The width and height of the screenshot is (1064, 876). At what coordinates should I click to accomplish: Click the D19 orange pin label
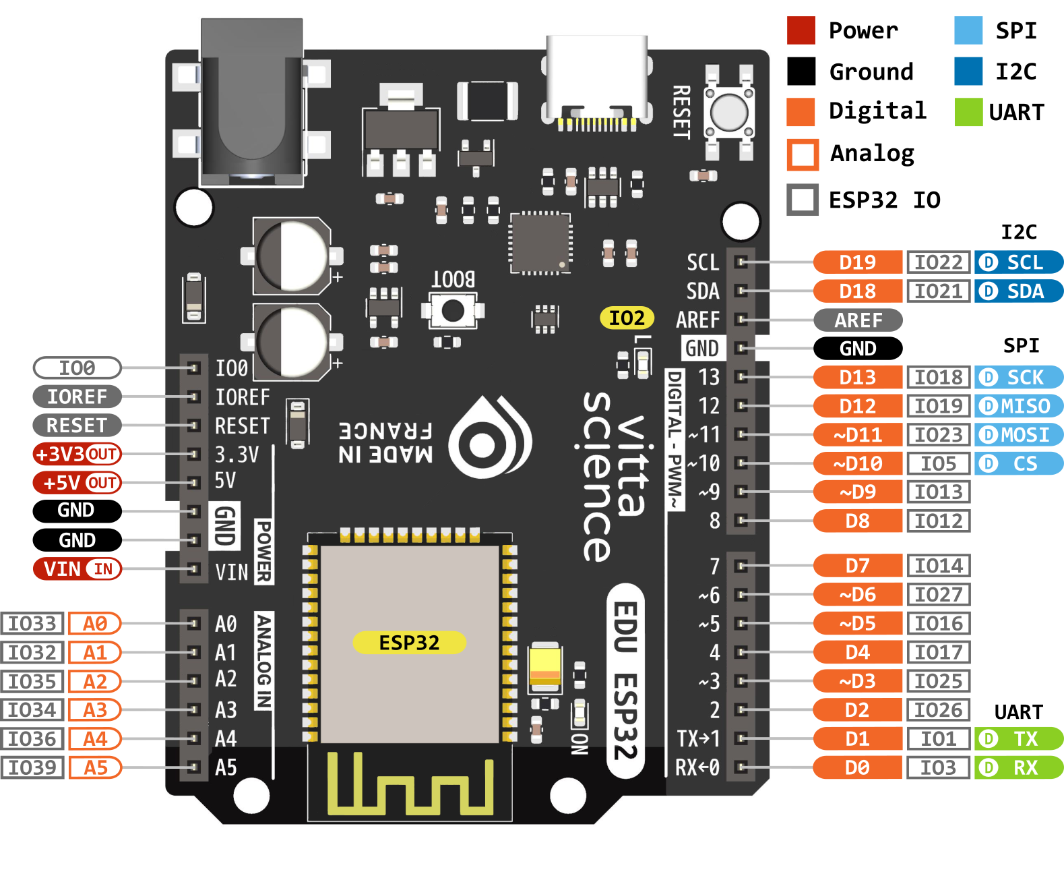coord(857,262)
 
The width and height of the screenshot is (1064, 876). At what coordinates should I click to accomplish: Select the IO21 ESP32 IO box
coord(938,291)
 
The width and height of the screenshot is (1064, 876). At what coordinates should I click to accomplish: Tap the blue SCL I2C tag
coord(1018,262)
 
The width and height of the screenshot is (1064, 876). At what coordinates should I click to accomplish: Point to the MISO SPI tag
coord(1018,406)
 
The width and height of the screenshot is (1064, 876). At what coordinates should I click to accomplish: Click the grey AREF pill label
coord(858,320)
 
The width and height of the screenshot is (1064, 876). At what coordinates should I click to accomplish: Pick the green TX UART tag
coord(1018,739)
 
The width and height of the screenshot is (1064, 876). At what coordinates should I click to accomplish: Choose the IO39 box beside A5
coord(32,767)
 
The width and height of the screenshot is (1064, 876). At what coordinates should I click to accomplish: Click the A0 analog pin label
coord(94,624)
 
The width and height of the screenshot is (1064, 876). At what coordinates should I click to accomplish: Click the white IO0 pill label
coord(77,368)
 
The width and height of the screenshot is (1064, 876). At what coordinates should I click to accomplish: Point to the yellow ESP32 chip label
coord(409,643)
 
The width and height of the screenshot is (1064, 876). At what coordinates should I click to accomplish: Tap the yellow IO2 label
coord(627,318)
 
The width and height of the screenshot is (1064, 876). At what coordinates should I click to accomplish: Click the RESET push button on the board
coord(729,111)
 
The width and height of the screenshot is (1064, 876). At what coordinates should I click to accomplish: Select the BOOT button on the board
coord(452,311)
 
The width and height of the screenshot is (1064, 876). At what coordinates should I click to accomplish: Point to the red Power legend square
coord(801,30)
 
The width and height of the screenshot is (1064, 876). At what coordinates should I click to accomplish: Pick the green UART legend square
coord(968,112)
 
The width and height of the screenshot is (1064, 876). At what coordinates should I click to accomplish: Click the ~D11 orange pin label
coord(857,435)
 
